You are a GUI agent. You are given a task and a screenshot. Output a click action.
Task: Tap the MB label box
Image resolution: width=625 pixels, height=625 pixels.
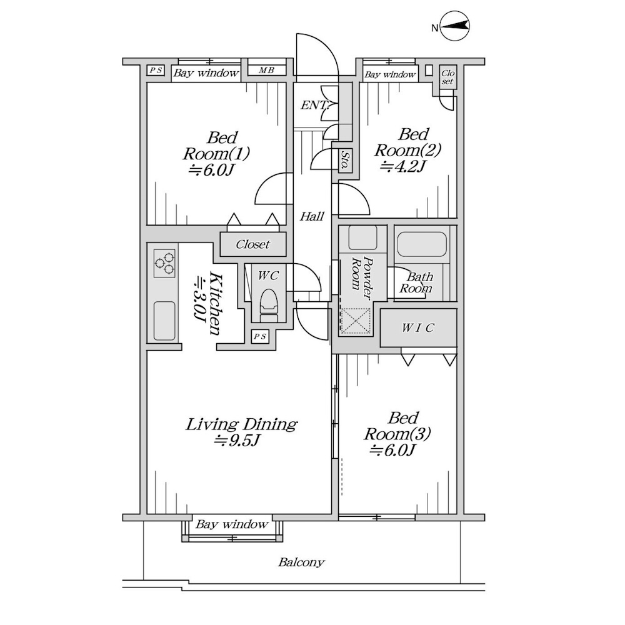click(266, 71)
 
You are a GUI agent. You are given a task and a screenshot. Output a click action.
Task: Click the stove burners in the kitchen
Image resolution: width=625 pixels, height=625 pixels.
click(164, 263)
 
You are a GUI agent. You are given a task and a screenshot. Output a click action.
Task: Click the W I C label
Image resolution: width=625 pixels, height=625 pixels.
click(418, 327)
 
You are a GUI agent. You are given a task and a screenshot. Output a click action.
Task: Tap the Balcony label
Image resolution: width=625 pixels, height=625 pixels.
click(301, 562)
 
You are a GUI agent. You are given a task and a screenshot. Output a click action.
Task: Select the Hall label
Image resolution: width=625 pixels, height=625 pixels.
click(312, 216)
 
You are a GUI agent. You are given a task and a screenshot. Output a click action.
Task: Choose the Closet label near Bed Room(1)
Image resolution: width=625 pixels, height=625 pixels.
click(252, 244)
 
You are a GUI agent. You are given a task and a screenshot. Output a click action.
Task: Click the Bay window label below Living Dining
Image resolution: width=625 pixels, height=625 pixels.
click(232, 524)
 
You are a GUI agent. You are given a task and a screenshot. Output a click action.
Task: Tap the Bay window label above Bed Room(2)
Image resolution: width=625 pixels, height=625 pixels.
click(390, 75)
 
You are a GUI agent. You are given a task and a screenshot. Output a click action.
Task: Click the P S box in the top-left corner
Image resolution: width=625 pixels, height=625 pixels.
click(156, 71)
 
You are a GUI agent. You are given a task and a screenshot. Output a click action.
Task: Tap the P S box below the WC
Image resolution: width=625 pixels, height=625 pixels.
click(261, 337)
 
